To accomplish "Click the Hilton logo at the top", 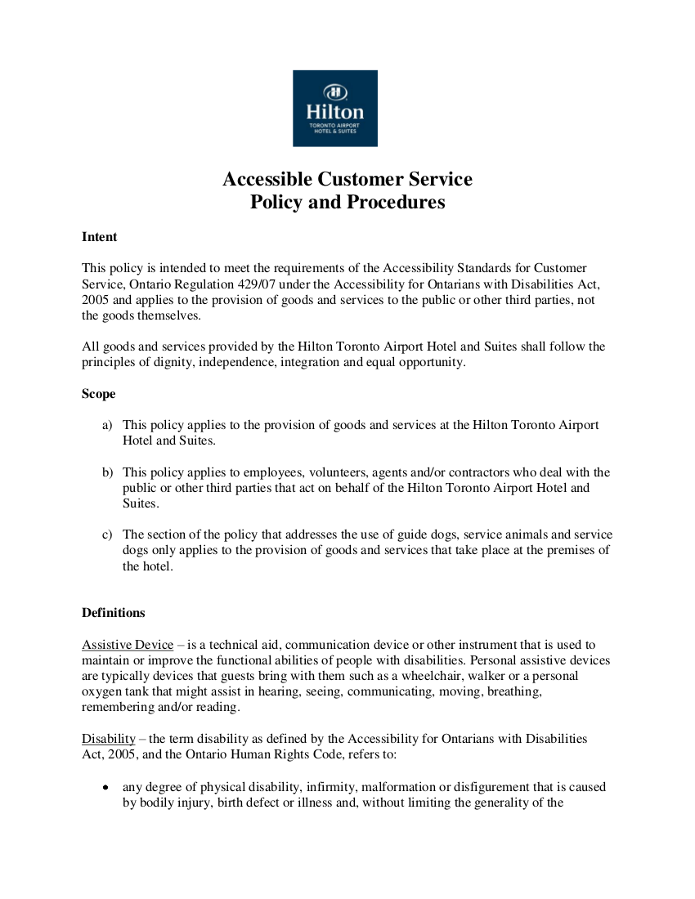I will tap(335, 108).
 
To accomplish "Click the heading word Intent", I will tap(100, 237).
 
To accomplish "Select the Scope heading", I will tap(99, 394).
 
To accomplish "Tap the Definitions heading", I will tap(114, 613).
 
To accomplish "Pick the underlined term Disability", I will tap(108, 739).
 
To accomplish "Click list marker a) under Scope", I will tap(108, 426).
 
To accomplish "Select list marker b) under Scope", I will tap(108, 472).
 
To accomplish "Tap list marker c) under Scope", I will tap(108, 535).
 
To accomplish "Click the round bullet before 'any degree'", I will tap(106, 788).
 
